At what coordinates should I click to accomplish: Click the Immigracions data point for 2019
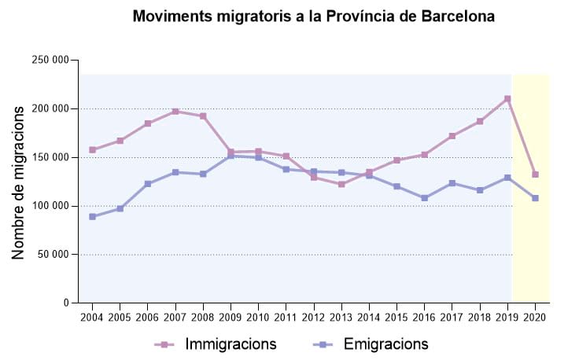click(507, 99)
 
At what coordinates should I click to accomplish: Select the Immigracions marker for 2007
click(175, 112)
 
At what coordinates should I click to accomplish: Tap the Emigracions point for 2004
click(92, 217)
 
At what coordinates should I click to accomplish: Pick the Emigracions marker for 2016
click(425, 198)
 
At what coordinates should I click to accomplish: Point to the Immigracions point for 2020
click(535, 174)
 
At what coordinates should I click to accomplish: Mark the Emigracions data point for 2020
click(535, 198)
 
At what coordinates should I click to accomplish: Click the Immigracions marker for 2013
click(341, 184)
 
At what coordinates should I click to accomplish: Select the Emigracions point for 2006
click(148, 184)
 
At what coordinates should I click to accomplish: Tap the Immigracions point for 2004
click(92, 150)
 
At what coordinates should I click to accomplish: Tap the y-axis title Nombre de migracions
click(19, 182)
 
